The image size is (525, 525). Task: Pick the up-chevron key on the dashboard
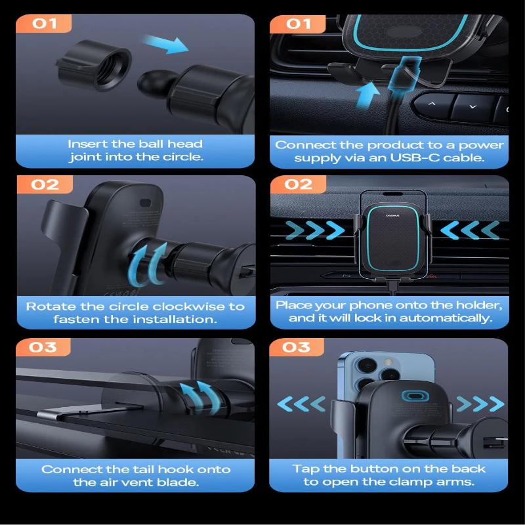pos(432,104)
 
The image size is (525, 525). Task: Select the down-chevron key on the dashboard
pos(471,105)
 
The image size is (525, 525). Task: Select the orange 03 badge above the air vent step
pos(43,346)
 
